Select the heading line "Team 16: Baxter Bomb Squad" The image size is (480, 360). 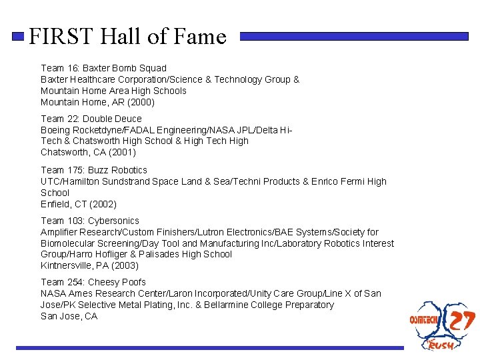[x=103, y=68]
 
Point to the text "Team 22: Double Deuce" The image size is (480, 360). [x=91, y=119]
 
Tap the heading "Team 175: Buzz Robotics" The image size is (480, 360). [x=94, y=170]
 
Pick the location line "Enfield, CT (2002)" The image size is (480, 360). [x=79, y=204]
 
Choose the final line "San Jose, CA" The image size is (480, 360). [x=69, y=316]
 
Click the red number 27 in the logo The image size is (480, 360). [x=461, y=321]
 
